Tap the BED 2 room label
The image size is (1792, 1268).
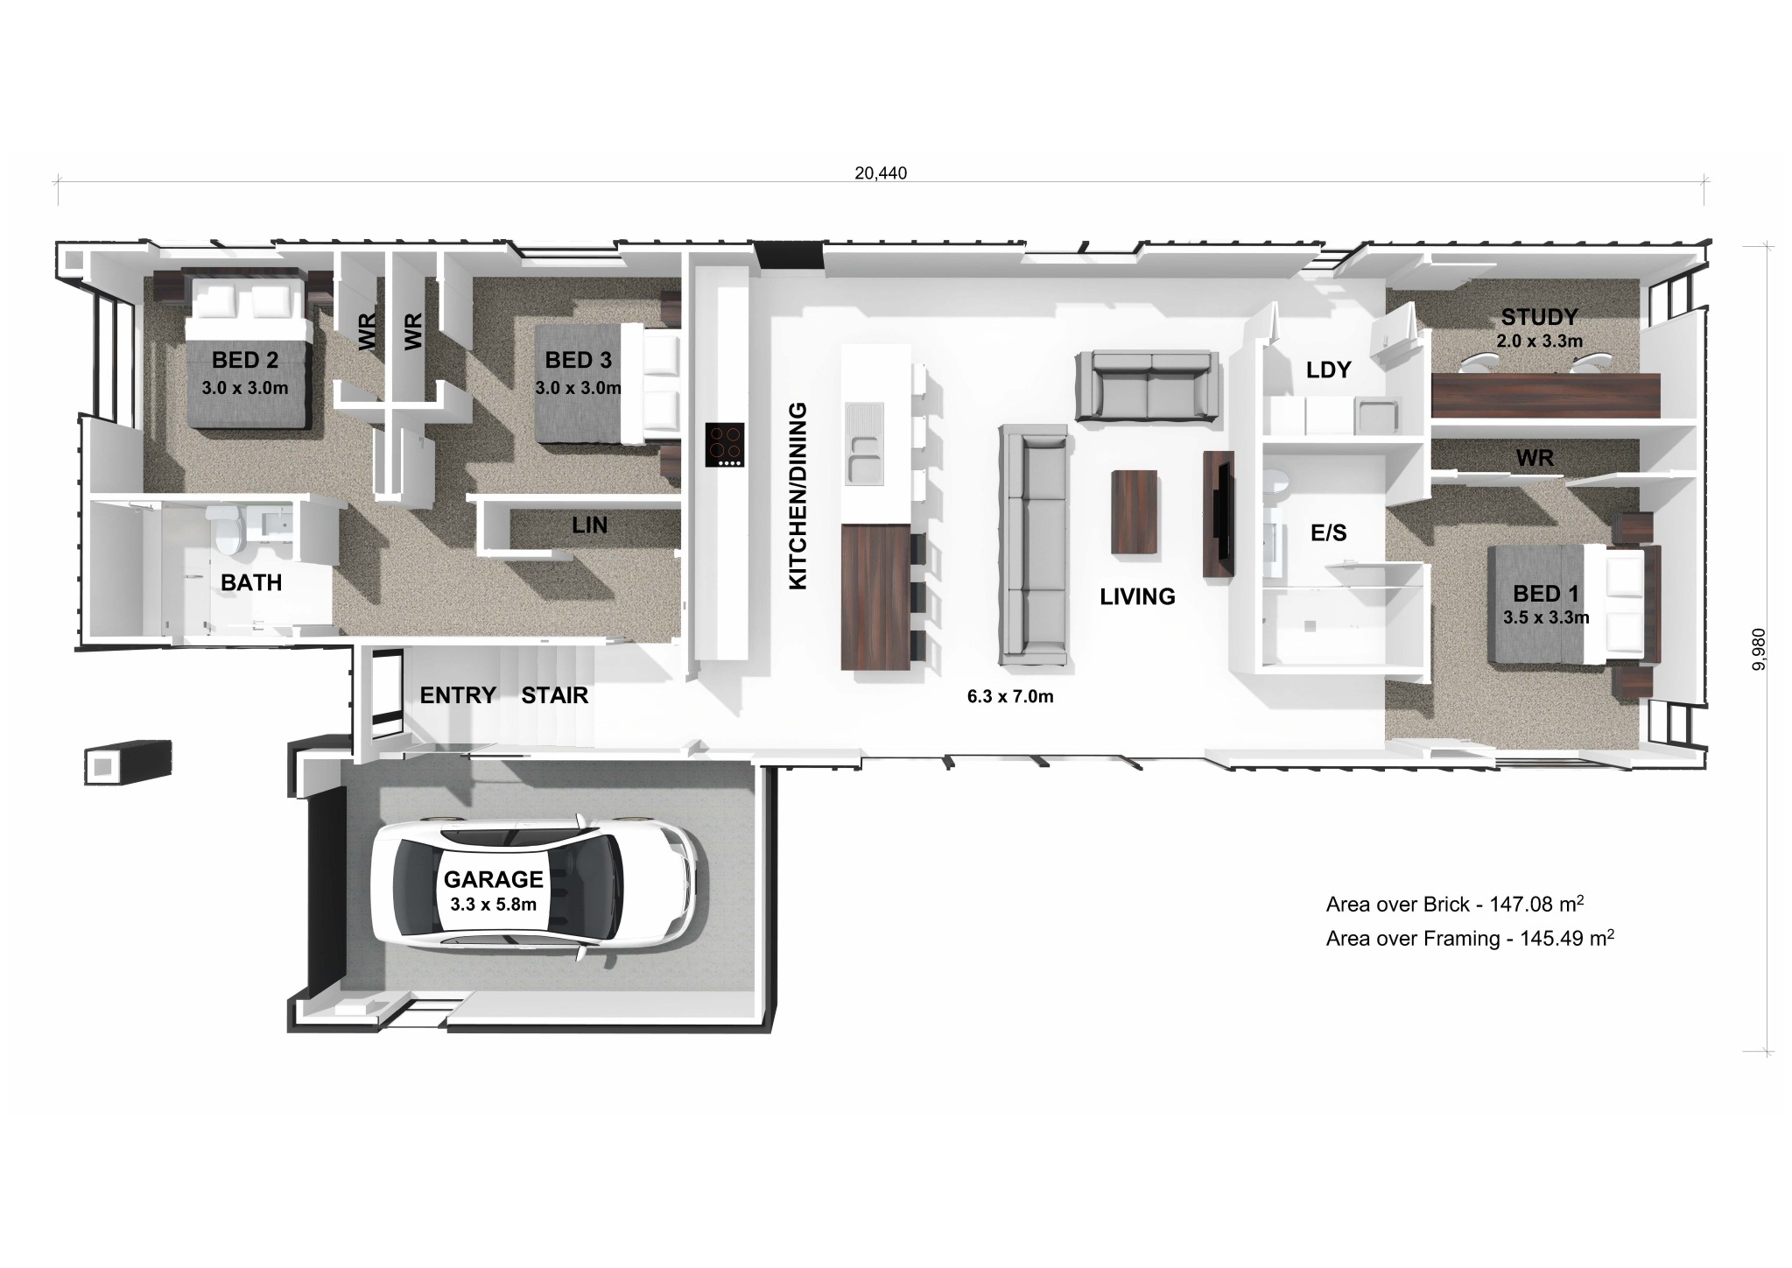[x=245, y=360]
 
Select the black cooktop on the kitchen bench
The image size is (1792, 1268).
[x=725, y=445]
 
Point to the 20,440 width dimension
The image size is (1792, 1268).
[x=881, y=173]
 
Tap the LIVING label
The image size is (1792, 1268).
[x=1137, y=596]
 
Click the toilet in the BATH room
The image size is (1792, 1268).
[x=228, y=529]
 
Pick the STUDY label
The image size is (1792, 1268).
[x=1539, y=317]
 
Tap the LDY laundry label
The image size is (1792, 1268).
[x=1328, y=370]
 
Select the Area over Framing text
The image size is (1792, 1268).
[x=1470, y=939]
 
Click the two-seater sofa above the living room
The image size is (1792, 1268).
[x=1147, y=387]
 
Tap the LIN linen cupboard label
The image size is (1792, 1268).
[x=589, y=525]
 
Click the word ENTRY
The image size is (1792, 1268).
[x=458, y=695]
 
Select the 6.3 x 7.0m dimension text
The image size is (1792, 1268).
[x=1009, y=697]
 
